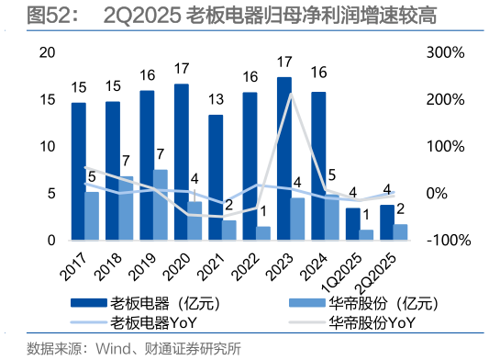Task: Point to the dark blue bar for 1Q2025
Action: (353, 224)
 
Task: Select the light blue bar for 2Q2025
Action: (401, 232)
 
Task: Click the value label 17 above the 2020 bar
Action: (181, 69)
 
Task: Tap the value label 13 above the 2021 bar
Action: (216, 99)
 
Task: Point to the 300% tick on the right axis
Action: (447, 52)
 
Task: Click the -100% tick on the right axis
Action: (450, 241)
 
